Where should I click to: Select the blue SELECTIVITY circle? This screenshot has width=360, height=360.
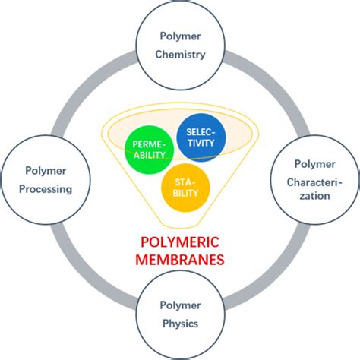(x=197, y=137)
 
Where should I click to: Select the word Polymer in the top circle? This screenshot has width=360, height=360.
(x=180, y=35)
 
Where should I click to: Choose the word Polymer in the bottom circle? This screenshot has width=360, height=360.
(x=180, y=306)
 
